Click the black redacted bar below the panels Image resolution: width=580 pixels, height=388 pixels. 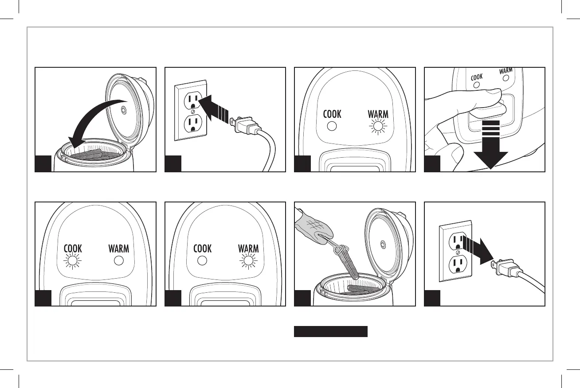pyautogui.click(x=331, y=332)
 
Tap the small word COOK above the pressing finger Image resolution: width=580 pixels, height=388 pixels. pyautogui.click(x=477, y=77)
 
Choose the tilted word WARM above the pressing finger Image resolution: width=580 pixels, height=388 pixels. pyautogui.click(x=506, y=71)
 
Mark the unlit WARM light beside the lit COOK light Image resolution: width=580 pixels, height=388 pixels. pyautogui.click(x=118, y=261)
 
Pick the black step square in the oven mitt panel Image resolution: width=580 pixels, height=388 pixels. pyautogui.click(x=302, y=298)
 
